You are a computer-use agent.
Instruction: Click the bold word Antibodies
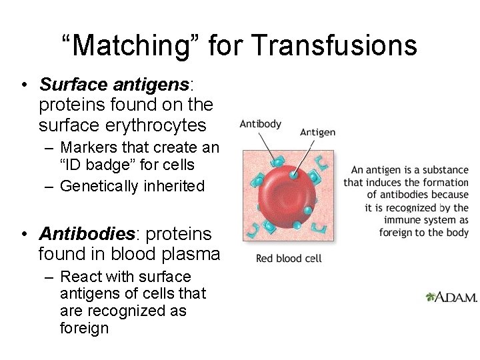coord(87,234)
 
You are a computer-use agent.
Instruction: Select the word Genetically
coord(99,186)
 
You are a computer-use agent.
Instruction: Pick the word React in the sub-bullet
coord(78,277)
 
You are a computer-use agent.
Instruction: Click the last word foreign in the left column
coord(85,329)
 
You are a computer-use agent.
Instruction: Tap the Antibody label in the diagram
coord(260,124)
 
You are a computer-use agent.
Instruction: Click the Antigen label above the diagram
coord(317,132)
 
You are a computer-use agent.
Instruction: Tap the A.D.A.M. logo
coord(451,297)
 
